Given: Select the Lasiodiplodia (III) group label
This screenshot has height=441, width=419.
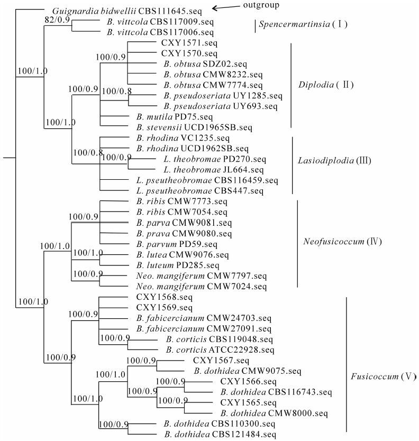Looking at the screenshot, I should click(x=329, y=159).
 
